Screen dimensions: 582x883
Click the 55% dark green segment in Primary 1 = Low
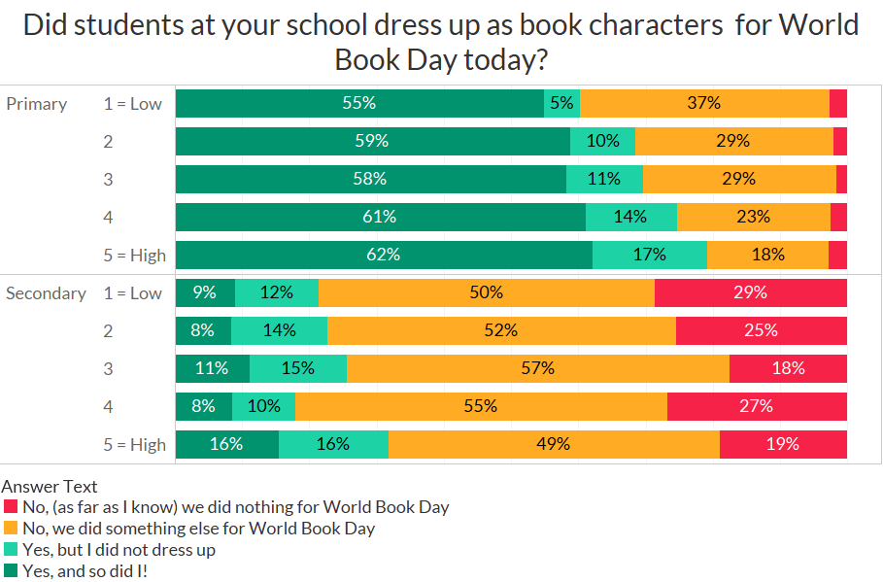coord(359,103)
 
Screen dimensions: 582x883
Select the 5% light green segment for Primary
coord(561,103)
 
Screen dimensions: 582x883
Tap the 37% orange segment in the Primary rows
coord(704,103)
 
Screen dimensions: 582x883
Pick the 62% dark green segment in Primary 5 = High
coord(384,255)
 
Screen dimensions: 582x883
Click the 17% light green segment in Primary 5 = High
coord(649,255)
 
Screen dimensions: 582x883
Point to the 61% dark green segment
coord(380,217)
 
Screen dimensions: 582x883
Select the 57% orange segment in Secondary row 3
coord(537,368)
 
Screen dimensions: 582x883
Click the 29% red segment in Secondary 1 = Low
coord(751,292)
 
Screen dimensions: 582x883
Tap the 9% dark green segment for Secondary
coord(205,292)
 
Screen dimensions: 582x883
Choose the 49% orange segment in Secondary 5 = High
coord(554,444)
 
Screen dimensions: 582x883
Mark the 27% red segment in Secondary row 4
coord(757,406)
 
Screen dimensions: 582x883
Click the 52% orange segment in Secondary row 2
coord(501,330)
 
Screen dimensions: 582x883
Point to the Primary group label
coord(37,104)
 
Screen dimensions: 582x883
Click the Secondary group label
coord(46,293)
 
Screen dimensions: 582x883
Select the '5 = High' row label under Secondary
coord(135,445)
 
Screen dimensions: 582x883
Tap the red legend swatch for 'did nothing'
coord(11,507)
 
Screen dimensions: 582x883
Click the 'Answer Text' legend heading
coord(50,487)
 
